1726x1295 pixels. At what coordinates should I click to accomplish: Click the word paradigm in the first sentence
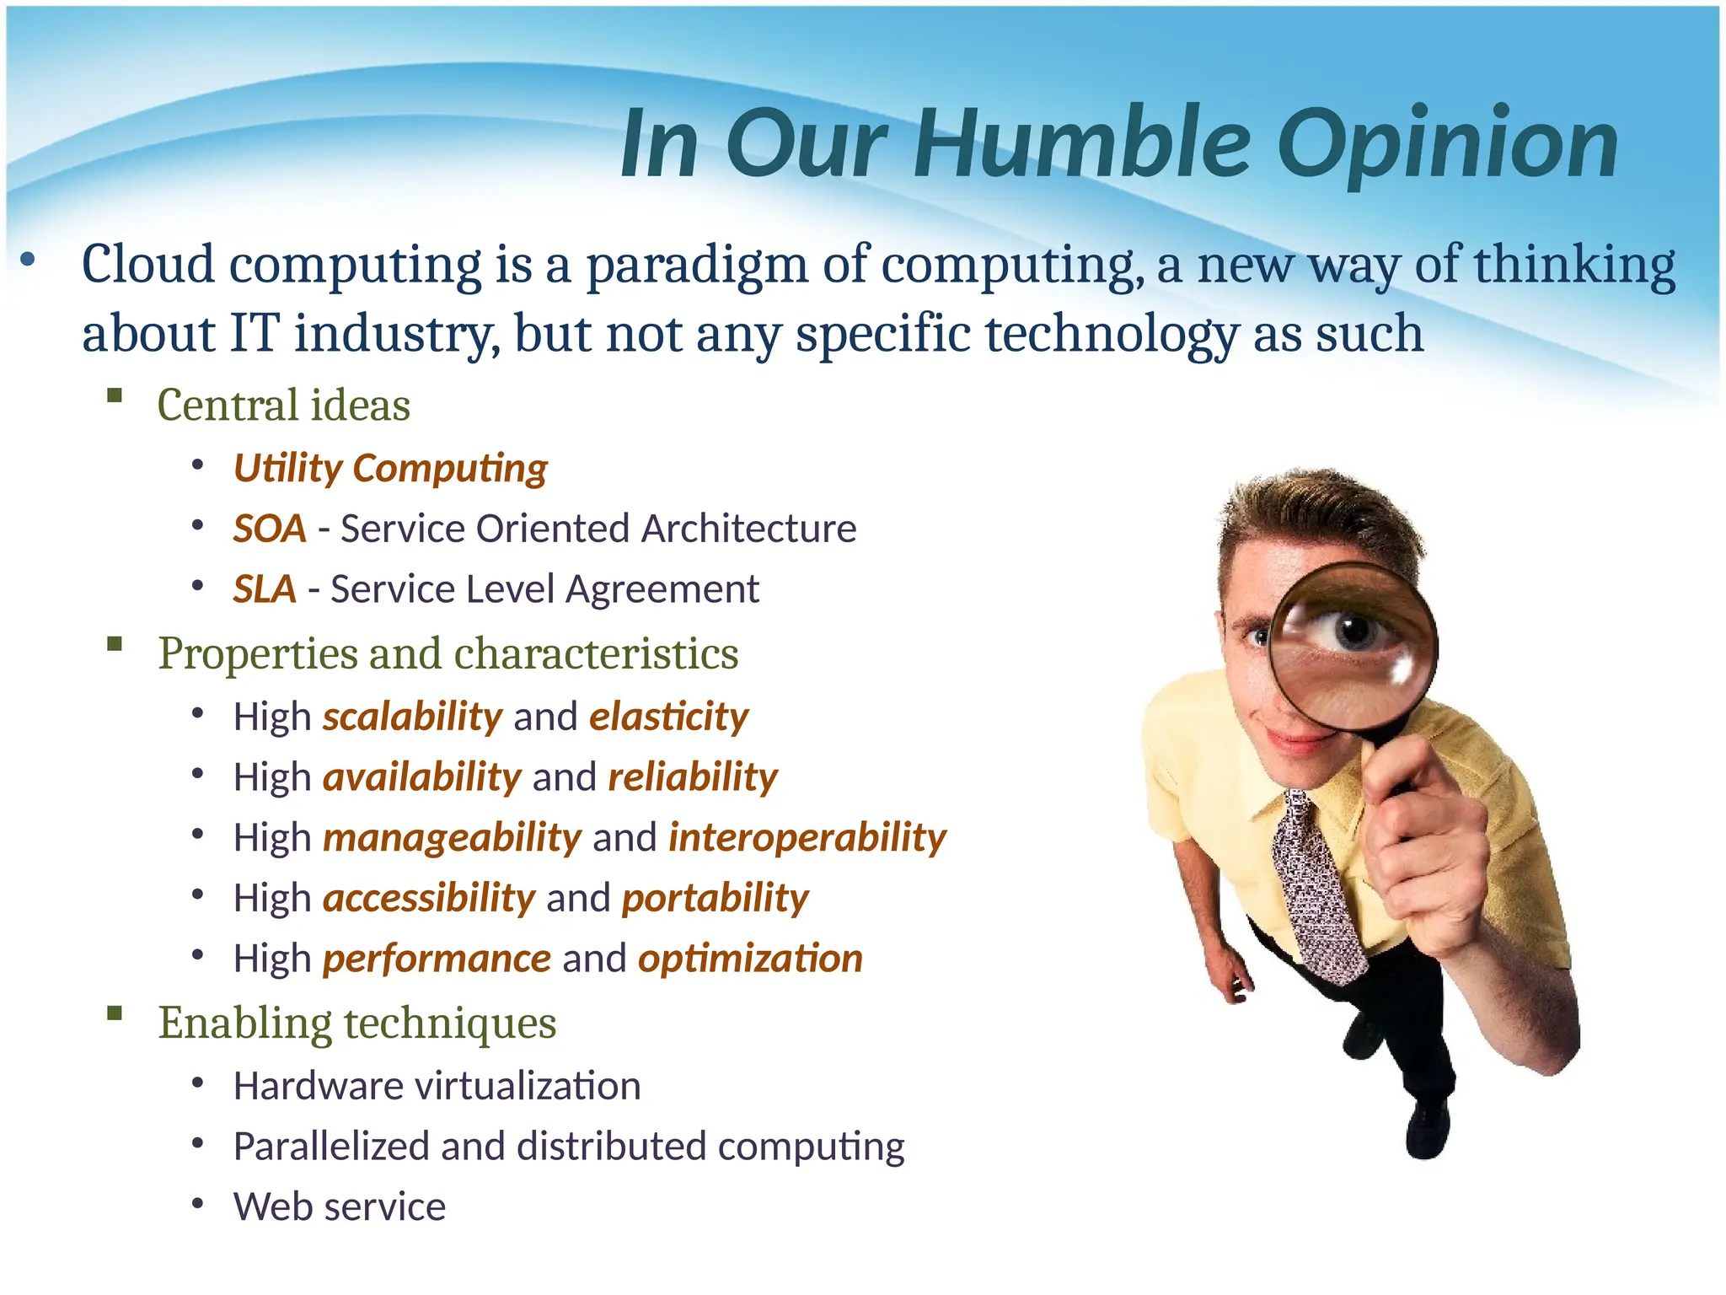pos(696,266)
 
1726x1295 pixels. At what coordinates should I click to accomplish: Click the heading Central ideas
pos(283,406)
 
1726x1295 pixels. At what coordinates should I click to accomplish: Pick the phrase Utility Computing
pos(390,469)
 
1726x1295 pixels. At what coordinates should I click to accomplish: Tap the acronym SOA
pos(270,529)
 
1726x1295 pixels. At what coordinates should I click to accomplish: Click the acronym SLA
pos(265,589)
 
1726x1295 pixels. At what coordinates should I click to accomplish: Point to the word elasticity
pos(668,717)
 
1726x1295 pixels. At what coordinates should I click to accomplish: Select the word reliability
pos(693,777)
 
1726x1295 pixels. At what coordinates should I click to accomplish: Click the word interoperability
pos(807,838)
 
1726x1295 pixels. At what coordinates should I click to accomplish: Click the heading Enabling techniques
pos(357,1024)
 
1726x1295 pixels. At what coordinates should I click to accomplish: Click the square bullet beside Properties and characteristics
pos(115,646)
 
